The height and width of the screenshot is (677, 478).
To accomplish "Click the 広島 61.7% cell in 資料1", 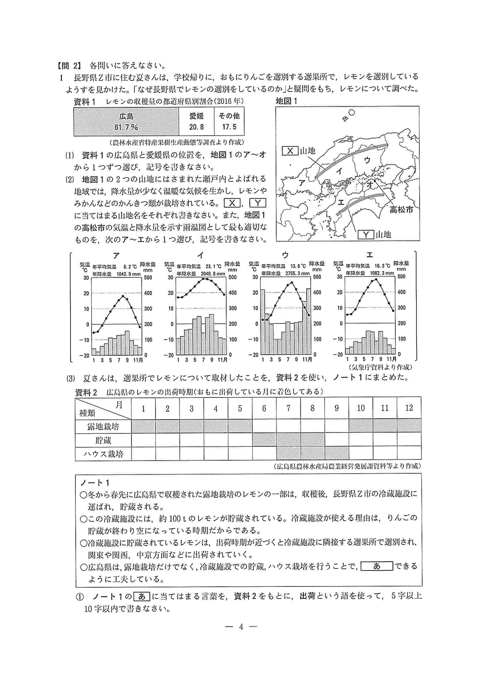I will click(x=126, y=122).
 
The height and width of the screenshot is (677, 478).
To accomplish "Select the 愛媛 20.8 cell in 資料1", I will click(x=197, y=122).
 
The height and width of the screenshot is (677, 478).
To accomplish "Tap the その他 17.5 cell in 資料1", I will click(x=229, y=122).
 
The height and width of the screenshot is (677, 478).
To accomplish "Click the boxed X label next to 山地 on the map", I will click(x=290, y=151).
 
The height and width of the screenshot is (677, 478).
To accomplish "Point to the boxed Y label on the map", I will click(x=366, y=235).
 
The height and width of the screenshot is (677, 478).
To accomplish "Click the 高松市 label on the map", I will click(x=401, y=210).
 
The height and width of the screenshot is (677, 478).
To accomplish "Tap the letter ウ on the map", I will click(x=367, y=160).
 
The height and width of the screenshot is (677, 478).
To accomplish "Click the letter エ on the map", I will click(x=341, y=202).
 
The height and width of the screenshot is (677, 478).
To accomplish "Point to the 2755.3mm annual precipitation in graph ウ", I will click(x=297, y=273).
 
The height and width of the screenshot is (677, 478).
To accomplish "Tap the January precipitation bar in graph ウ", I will click(x=262, y=321).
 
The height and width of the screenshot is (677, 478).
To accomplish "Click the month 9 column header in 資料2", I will click(x=336, y=408).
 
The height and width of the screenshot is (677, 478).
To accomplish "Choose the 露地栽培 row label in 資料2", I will click(x=103, y=426).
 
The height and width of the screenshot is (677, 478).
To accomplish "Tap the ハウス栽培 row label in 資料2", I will click(x=103, y=454).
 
